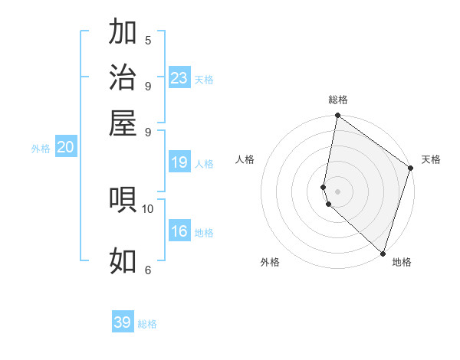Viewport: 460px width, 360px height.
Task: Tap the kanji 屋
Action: click(123, 123)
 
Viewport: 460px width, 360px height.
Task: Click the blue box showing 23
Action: click(179, 78)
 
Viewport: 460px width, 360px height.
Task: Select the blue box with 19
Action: click(179, 162)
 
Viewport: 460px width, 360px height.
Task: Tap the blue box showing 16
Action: click(179, 232)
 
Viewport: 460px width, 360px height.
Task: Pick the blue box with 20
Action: click(65, 149)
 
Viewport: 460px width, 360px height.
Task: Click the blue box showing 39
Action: click(123, 322)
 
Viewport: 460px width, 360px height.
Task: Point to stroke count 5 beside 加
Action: click(148, 40)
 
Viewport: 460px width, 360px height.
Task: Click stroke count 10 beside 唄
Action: click(148, 208)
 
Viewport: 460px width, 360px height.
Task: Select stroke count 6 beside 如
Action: click(148, 270)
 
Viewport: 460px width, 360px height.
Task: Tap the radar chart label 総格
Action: click(338, 100)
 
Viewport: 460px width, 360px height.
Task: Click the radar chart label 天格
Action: click(431, 159)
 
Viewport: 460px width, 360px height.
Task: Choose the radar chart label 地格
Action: click(402, 262)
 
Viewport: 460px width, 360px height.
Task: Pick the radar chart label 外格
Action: click(270, 262)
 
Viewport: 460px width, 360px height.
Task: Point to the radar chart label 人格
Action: click(245, 159)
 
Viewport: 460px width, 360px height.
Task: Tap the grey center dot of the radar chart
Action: click(338, 191)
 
